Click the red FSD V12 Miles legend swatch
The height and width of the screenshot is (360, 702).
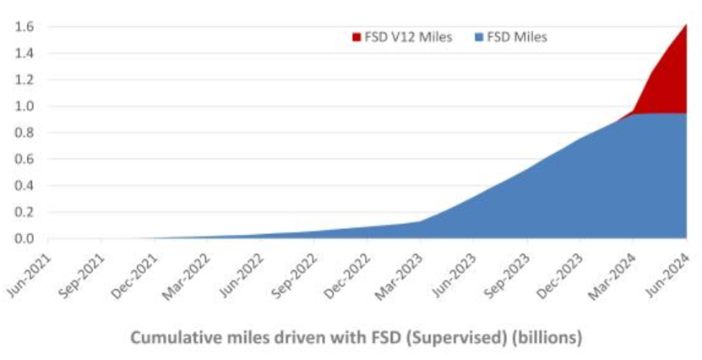coord(356,37)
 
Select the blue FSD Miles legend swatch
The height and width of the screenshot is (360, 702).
coord(479,37)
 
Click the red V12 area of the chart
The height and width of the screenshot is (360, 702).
coord(667,85)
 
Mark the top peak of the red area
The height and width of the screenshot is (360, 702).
coord(686,25)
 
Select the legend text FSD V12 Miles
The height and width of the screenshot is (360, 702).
coord(402,37)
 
